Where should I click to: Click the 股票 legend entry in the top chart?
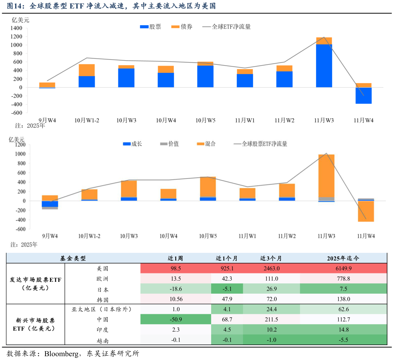(x=151, y=27)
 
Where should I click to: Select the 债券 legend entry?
(x=182, y=27)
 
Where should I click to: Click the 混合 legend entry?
(x=206, y=144)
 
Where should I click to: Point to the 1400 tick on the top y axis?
(x=16, y=28)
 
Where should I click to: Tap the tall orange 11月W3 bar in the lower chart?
(x=326, y=175)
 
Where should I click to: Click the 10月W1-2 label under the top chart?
(x=87, y=120)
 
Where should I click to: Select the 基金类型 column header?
(x=73, y=258)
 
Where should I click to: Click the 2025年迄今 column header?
(x=343, y=258)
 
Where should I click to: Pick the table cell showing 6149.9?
(x=343, y=268)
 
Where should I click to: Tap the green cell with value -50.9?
(x=176, y=319)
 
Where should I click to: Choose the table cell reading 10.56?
(x=176, y=299)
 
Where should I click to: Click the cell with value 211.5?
(x=271, y=319)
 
